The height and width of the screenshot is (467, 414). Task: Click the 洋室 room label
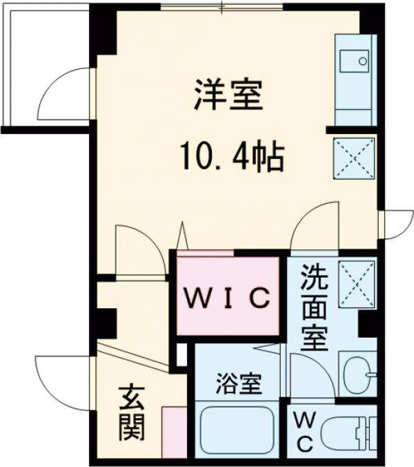coord(228,97)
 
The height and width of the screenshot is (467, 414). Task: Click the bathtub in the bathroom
coord(237,430)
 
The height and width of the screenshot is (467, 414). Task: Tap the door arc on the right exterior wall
coord(394,223)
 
